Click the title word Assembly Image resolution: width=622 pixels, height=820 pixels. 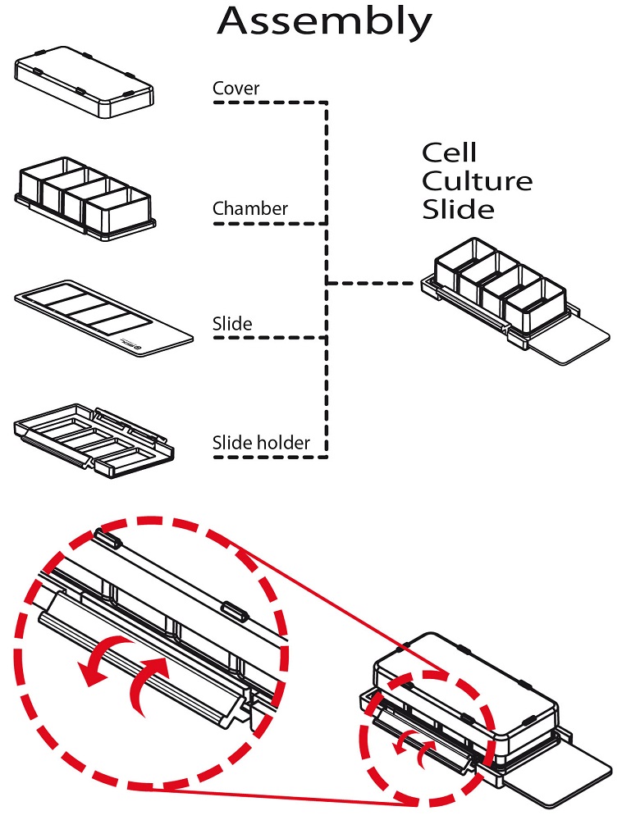pyautogui.click(x=324, y=22)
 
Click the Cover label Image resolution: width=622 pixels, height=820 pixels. pyautogui.click(x=236, y=89)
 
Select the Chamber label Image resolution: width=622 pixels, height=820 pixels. pyautogui.click(x=250, y=209)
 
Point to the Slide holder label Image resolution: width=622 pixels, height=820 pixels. pyautogui.click(x=261, y=444)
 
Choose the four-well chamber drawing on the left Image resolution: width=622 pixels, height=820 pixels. pyautogui.click(x=85, y=197)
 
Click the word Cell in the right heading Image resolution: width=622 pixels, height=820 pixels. pyautogui.click(x=449, y=153)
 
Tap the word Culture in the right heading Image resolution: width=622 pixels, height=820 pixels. pyautogui.click(x=477, y=181)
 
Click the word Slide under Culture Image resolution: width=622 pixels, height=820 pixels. pyautogui.click(x=458, y=210)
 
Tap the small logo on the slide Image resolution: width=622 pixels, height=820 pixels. pyautogui.click(x=137, y=347)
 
